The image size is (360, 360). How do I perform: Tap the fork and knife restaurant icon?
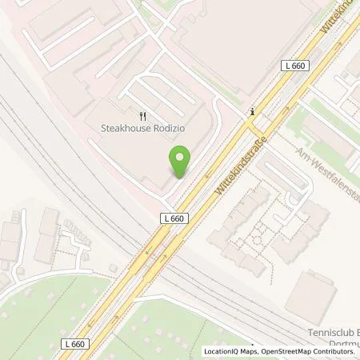(x=142, y=114)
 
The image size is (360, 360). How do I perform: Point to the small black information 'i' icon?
(x=252, y=111)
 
